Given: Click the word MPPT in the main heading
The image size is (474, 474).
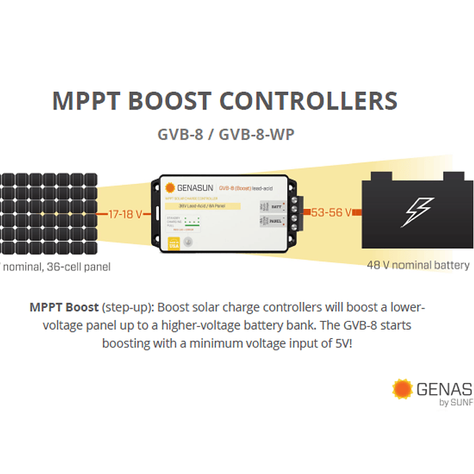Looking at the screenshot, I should (84, 102).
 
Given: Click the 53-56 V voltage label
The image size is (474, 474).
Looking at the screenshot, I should (330, 213).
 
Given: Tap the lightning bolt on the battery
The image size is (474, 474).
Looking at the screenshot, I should (417, 212).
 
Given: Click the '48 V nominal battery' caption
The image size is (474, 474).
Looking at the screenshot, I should (418, 265).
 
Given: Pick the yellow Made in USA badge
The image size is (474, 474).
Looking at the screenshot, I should (174, 241).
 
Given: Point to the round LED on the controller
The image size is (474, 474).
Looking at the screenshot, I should (189, 241).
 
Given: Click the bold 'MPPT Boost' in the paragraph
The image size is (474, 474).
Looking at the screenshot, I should (64, 308).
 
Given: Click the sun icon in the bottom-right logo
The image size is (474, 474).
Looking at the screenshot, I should (402, 389).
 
